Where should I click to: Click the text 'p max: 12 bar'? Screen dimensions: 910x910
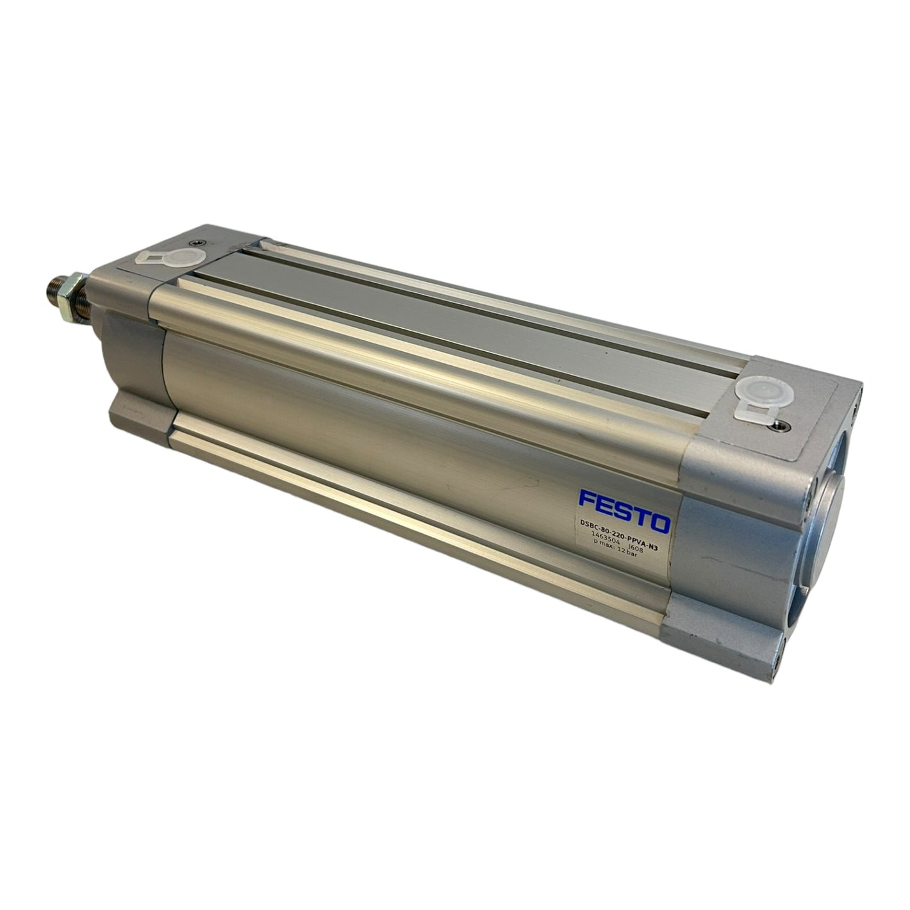[619, 552]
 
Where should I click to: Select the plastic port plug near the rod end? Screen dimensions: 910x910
[174, 258]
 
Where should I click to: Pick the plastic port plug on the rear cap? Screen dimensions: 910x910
[758, 404]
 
